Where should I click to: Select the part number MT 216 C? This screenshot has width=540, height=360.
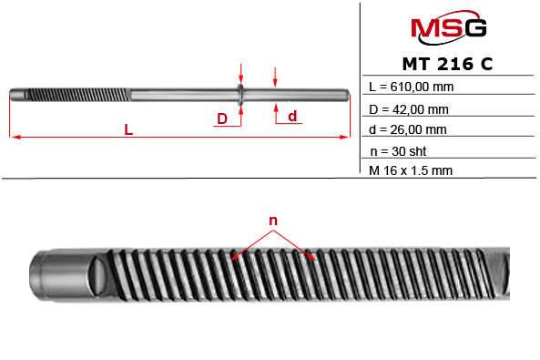tap(449, 66)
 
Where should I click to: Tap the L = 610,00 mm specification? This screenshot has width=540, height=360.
tap(412, 87)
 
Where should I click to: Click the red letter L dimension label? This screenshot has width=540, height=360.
tap(128, 130)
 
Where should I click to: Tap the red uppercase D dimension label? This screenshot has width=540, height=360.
tap(221, 118)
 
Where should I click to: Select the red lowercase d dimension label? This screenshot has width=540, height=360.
tap(292, 116)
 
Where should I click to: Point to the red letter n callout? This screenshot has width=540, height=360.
tap(271, 221)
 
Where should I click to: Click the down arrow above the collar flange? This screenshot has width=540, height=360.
tap(240, 76)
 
